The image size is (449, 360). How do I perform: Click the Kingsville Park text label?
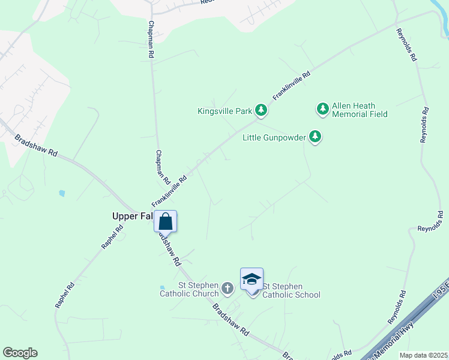click(x=224, y=111)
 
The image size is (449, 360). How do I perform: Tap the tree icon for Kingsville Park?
click(x=261, y=110)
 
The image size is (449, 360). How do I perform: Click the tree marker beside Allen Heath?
click(x=323, y=109)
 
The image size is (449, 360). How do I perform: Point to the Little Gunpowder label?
click(x=274, y=137)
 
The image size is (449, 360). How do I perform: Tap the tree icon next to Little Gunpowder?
click(x=315, y=137)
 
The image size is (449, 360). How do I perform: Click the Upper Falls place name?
click(x=132, y=216)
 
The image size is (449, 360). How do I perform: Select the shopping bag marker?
click(x=166, y=221)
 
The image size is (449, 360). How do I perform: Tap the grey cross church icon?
click(x=227, y=289)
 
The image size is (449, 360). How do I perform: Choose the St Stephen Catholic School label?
click(x=292, y=290)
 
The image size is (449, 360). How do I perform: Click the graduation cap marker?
click(x=252, y=279)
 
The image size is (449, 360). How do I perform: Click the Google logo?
click(x=20, y=353)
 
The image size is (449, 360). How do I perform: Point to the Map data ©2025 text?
click(x=423, y=355)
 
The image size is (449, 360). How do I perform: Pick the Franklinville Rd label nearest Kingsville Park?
click(x=291, y=86)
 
